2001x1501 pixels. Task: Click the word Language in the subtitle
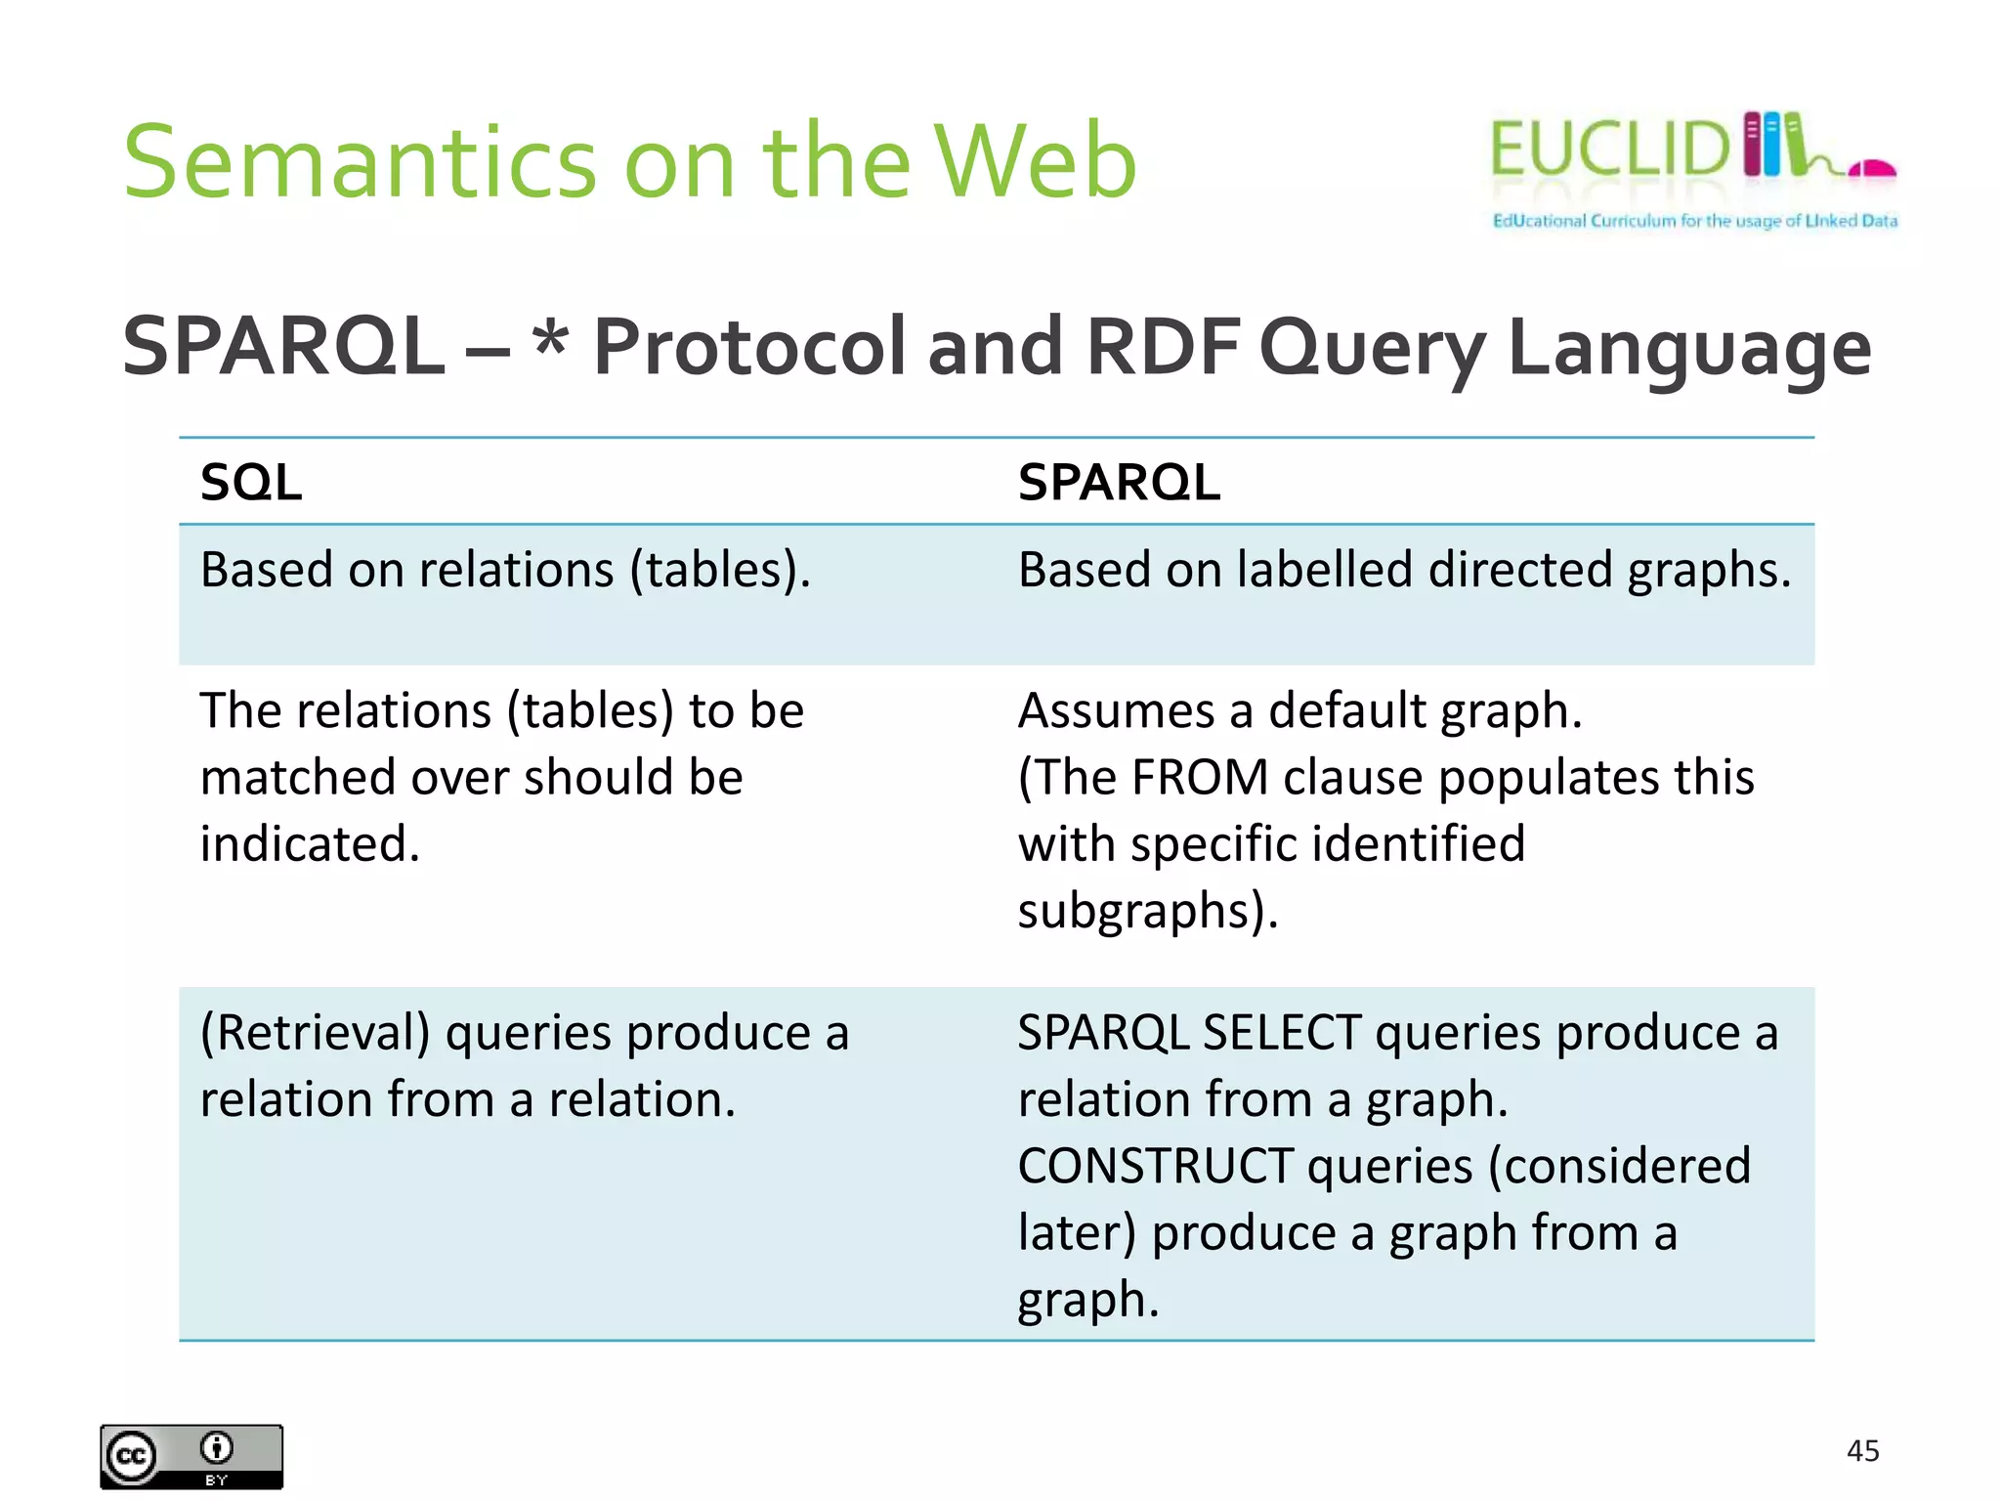(x=1688, y=350)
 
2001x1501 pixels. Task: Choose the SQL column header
(x=251, y=482)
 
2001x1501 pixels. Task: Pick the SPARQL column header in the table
(x=1119, y=482)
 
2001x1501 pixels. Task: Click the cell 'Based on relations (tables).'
(x=505, y=570)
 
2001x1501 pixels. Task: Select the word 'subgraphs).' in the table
(x=1147, y=911)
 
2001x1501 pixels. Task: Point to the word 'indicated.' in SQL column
(x=310, y=844)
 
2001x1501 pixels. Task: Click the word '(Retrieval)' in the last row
(x=315, y=1034)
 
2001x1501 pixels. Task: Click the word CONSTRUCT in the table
(x=1155, y=1167)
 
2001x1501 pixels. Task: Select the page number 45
(x=1862, y=1450)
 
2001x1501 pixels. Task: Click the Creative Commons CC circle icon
(x=132, y=1457)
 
